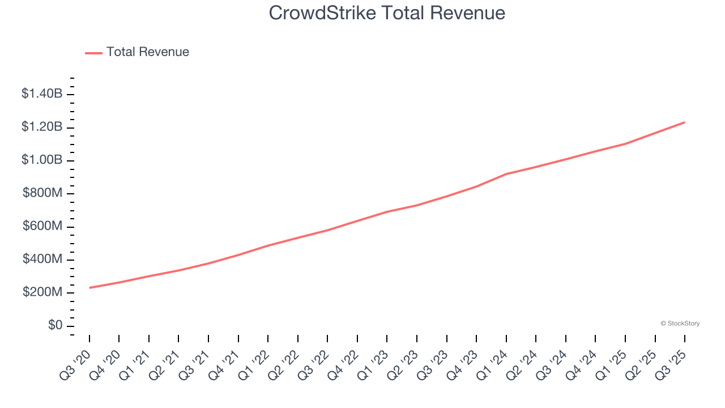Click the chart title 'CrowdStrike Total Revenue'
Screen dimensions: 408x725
[x=387, y=12]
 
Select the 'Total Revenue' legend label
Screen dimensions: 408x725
[x=147, y=52]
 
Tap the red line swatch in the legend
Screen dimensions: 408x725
[x=93, y=53]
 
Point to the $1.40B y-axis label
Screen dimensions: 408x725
[x=42, y=94]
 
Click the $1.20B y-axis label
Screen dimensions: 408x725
[x=42, y=127]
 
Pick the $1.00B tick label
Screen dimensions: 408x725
[x=42, y=160]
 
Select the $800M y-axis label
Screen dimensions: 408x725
[x=42, y=193]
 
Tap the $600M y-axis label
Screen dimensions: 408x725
[x=42, y=227]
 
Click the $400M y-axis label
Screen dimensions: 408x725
[x=42, y=260]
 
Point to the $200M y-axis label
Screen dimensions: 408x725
[x=42, y=293]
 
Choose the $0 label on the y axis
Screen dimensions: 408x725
[x=55, y=326]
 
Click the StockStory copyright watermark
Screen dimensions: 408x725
[x=680, y=324]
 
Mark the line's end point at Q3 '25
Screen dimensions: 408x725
[x=685, y=122]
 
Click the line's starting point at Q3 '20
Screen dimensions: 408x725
[x=89, y=288]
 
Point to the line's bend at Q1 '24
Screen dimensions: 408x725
[x=506, y=174]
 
